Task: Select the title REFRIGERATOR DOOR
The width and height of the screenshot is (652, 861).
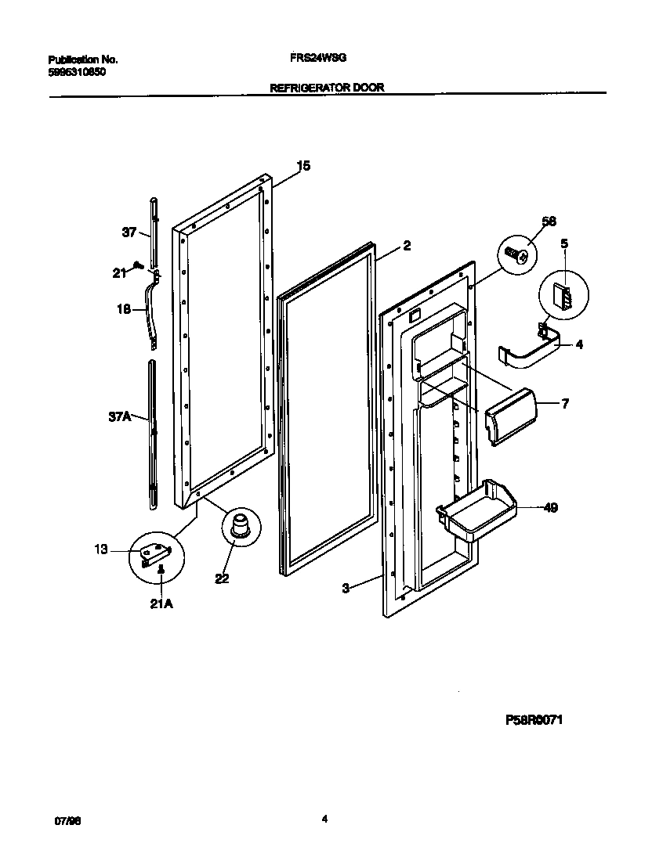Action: pyautogui.click(x=327, y=88)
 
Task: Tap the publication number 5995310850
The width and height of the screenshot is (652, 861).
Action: pyautogui.click(x=77, y=71)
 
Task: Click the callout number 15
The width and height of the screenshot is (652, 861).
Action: pyautogui.click(x=303, y=165)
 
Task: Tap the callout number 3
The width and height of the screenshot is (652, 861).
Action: pyautogui.click(x=346, y=589)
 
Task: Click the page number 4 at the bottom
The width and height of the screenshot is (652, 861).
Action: pyautogui.click(x=324, y=819)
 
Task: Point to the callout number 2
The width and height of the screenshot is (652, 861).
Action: pyautogui.click(x=407, y=245)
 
